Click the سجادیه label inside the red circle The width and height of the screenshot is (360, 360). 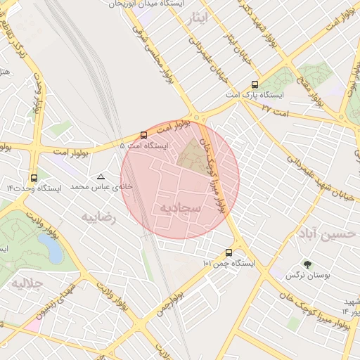181,208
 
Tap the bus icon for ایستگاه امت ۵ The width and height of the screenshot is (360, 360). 143,135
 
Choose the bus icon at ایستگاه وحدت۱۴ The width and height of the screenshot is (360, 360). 34,178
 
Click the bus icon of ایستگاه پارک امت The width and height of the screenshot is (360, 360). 255,84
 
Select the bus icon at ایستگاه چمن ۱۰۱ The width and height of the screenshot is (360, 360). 229,252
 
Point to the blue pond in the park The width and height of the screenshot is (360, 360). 50,247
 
